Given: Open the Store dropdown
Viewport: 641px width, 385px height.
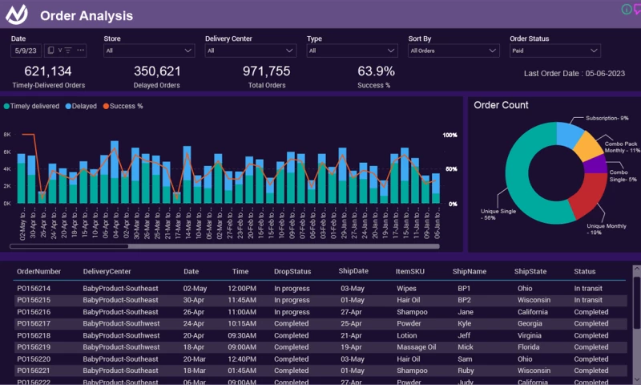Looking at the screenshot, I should [x=149, y=51].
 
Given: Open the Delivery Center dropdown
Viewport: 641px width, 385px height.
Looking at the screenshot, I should [x=251, y=51].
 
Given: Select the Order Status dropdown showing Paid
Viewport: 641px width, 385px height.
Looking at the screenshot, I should [x=555, y=51].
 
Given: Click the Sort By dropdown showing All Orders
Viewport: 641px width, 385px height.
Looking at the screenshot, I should [x=454, y=51].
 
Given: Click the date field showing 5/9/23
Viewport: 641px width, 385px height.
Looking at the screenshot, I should [x=26, y=51].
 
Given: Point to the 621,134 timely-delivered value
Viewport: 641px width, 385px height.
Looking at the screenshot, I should [x=48, y=71].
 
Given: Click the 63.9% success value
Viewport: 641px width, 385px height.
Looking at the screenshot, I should [x=376, y=71].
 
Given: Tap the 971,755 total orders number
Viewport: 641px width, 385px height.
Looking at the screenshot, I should [x=266, y=71].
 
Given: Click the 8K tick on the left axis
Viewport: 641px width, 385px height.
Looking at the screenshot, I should [x=7, y=135].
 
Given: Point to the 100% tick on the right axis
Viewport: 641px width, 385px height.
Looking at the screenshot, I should [x=450, y=135].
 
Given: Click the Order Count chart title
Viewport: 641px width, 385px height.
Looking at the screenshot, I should [x=501, y=105].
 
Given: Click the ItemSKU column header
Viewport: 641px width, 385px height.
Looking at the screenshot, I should [x=410, y=271].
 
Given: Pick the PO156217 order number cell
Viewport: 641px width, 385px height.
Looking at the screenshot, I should [x=34, y=324].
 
